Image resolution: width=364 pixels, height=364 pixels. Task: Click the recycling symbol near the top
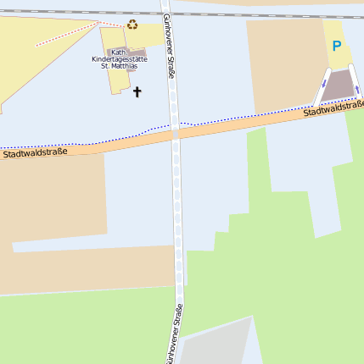point(132,25)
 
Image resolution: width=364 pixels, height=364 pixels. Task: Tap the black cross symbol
point(137,91)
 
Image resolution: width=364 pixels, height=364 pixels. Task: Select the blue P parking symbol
point(337,47)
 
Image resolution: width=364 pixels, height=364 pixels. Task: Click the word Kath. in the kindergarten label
point(119,52)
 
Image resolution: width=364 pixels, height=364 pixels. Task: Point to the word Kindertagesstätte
point(119,58)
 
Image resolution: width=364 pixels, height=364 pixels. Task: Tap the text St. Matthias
point(119,65)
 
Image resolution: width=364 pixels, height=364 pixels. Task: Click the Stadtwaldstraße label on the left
point(35,153)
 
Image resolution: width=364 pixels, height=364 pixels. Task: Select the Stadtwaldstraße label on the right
point(334,109)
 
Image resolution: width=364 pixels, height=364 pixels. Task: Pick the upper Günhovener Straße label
point(169,47)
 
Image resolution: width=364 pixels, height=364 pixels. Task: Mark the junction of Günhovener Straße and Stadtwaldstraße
point(176,133)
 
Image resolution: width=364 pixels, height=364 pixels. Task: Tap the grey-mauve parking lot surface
point(339,85)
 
